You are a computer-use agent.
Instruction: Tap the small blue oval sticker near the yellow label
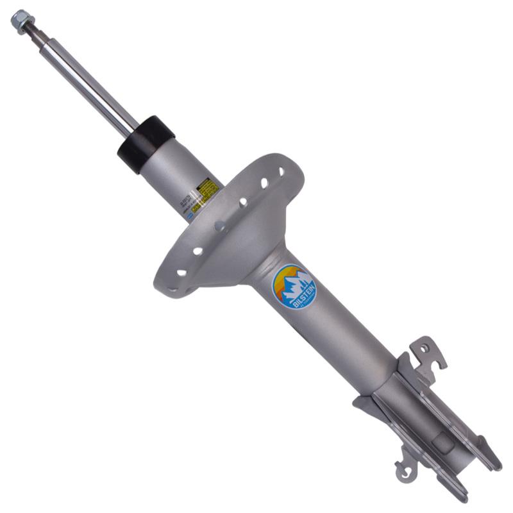tap(190, 216)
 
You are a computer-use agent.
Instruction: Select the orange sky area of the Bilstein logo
tap(282, 276)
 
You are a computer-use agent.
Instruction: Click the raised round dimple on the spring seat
tap(220, 226)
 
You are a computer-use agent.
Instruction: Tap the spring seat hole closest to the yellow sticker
tap(243, 202)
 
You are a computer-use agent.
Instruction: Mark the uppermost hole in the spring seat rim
tap(281, 172)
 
